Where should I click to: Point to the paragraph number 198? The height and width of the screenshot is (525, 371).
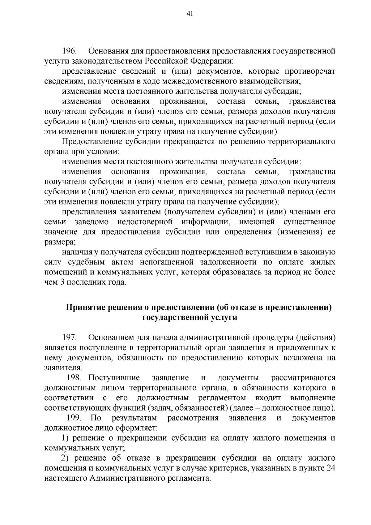[74, 378]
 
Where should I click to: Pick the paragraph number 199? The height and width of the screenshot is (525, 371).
[74, 418]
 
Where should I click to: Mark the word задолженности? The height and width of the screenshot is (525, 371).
[230, 262]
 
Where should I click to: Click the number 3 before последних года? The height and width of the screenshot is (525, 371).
[62, 282]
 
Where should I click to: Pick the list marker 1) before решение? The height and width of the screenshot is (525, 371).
[66, 438]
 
